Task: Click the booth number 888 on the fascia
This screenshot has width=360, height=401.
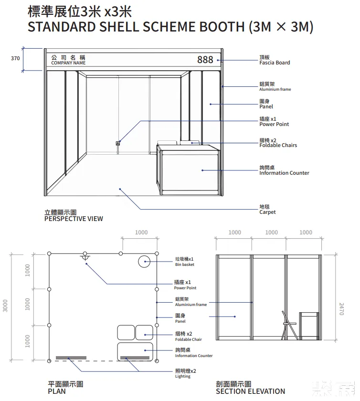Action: click(205, 60)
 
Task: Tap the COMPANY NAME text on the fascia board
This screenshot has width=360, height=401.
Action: click(68, 63)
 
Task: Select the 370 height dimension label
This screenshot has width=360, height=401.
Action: click(15, 58)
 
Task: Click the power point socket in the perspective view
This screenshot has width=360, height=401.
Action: click(118, 143)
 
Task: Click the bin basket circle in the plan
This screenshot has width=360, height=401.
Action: click(144, 262)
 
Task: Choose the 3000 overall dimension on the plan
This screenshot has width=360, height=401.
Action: click(5, 306)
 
